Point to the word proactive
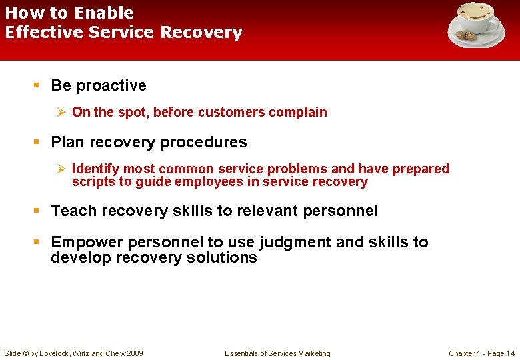tap(111, 85)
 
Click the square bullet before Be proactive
tap(37, 85)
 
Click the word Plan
tap(67, 142)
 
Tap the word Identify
tap(95, 169)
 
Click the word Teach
tap(72, 211)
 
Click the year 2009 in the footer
tap(134, 353)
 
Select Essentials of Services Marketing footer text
tap(277, 353)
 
